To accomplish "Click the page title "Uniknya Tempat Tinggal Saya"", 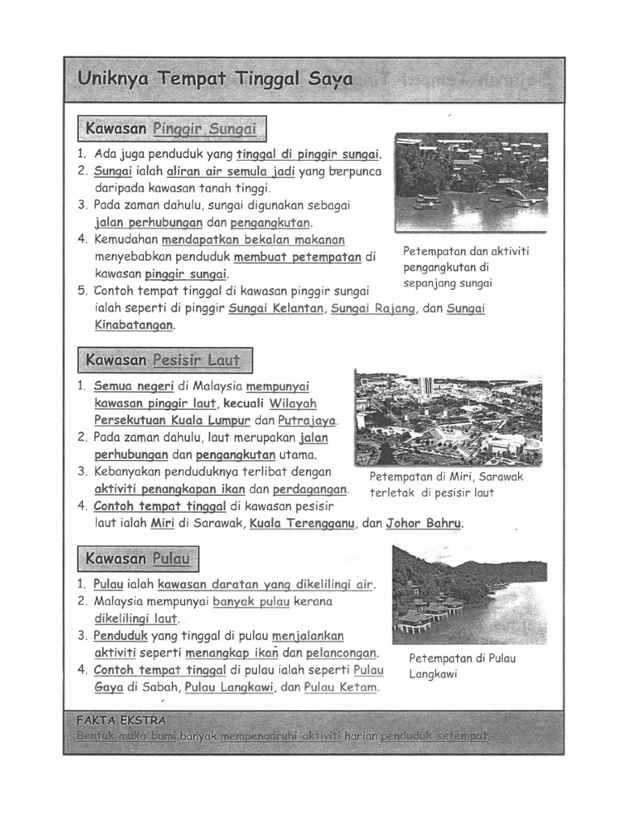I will pos(215,80).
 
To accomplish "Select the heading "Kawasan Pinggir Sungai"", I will pos(171,129).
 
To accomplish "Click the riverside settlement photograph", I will pos(471,182).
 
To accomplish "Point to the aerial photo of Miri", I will pos(448,417).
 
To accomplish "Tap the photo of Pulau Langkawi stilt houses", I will pos(469,595).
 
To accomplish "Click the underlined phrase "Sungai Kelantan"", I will pos(276,308).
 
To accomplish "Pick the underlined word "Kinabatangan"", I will pos(134,326).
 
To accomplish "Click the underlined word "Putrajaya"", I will pos(307,420).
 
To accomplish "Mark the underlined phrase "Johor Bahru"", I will pos(424,523).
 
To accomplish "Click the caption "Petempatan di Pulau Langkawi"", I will pos(462,665).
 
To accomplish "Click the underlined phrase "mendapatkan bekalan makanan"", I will pos(253,240).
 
